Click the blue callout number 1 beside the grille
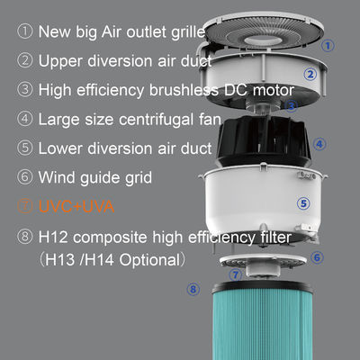click(328, 46)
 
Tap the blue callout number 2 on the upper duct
click(310, 74)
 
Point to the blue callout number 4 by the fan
click(319, 144)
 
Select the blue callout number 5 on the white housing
click(303, 203)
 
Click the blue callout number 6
click(317, 257)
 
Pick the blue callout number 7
click(236, 274)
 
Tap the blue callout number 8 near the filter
click(193, 290)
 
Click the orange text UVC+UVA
click(76, 207)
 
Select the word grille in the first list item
click(188, 32)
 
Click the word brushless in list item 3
click(184, 90)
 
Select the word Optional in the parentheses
click(149, 260)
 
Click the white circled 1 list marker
click(24, 31)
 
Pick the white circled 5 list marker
click(24, 148)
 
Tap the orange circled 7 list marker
click(24, 206)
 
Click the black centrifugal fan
click(264, 141)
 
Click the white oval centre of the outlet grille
click(259, 41)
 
